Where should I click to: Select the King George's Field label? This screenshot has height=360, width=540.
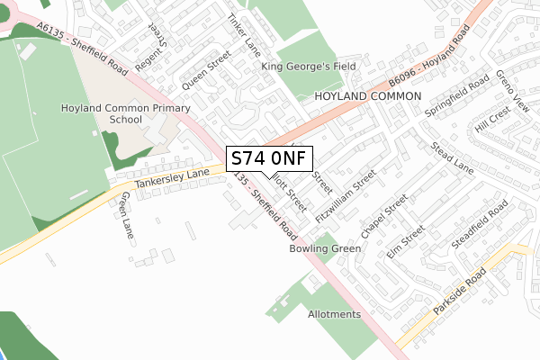click(x=309, y=67)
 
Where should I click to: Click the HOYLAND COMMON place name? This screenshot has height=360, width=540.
click(x=368, y=95)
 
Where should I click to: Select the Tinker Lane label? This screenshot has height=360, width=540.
click(x=243, y=35)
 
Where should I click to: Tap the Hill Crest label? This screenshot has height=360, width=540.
click(x=492, y=119)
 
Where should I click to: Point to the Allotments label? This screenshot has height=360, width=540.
click(x=334, y=314)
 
